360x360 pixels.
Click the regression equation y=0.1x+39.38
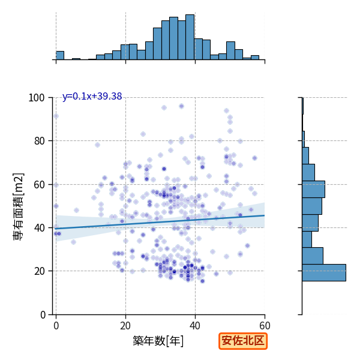click(92, 97)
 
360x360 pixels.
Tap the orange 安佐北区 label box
click(243, 341)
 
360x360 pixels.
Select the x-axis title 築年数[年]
click(158, 341)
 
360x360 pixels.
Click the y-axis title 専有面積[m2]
click(19, 206)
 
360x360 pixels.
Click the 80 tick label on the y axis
click(39, 141)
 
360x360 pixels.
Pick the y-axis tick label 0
click(43, 314)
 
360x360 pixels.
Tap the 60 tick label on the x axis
click(265, 326)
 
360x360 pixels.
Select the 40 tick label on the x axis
click(195, 326)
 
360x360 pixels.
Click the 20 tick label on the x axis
click(125, 326)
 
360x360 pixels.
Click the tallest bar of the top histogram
click(190, 37)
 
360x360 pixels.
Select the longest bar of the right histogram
click(324, 272)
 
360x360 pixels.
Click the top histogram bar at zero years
click(60, 55)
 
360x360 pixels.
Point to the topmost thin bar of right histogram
click(303, 106)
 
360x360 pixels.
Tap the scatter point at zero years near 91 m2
click(56, 116)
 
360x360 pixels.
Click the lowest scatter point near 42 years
click(202, 281)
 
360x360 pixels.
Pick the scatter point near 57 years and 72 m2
click(254, 158)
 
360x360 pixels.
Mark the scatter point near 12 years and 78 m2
click(98, 145)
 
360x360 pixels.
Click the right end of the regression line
click(265, 215)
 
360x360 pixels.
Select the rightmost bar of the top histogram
click(255, 58)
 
